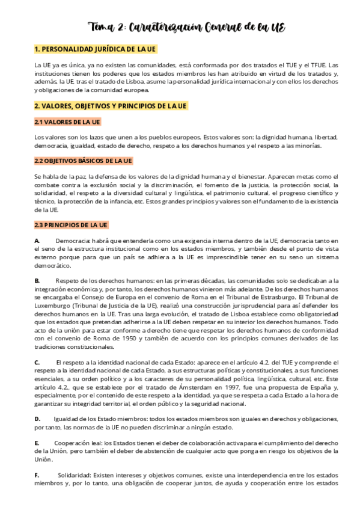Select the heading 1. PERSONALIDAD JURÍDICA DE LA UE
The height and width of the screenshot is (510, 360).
(x=96, y=49)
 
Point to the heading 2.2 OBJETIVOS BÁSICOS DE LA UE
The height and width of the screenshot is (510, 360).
(x=83, y=161)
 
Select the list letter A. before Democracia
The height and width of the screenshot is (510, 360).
(x=37, y=241)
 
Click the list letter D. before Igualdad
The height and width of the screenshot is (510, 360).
(x=37, y=419)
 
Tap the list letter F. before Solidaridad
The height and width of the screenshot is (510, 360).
(x=37, y=475)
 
